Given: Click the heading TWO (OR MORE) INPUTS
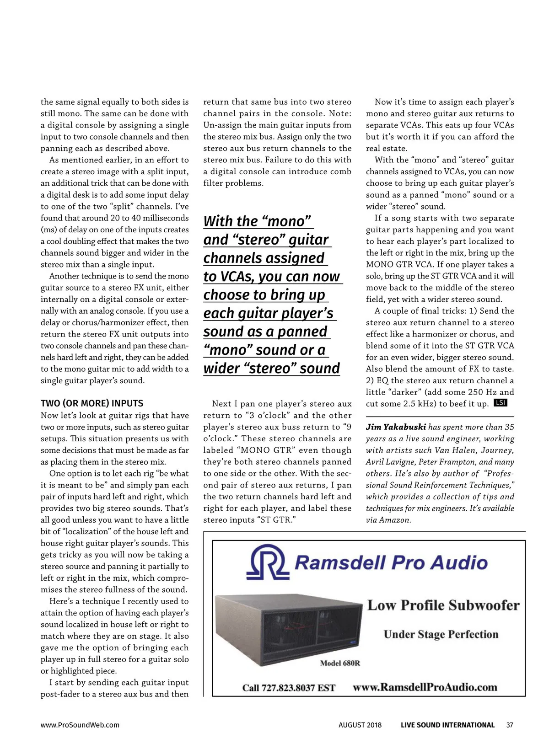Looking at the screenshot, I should (x=92, y=403).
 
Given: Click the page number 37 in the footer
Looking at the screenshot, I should (x=510, y=725).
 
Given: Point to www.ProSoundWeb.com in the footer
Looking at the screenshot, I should (x=80, y=725).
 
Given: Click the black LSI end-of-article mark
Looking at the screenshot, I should (x=501, y=403).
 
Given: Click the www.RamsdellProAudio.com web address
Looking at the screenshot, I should (x=425, y=687).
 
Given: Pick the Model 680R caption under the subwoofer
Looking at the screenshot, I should (x=340, y=663).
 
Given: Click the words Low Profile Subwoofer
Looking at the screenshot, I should (x=443, y=605).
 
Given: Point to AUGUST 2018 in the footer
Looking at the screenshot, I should (x=360, y=725).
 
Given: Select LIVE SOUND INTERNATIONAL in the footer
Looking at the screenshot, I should (x=447, y=725).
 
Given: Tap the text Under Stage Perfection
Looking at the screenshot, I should (x=441, y=635).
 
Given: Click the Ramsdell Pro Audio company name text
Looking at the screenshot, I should (x=392, y=562).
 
